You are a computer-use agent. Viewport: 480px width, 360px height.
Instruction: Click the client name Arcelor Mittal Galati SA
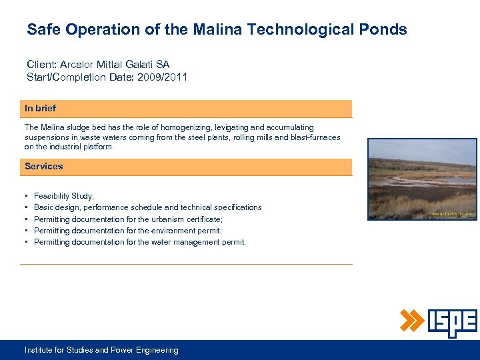115,65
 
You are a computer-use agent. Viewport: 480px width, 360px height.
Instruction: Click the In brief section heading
40,108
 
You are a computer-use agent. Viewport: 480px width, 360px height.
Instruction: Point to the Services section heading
44,167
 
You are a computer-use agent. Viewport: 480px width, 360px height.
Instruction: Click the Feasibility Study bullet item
64,196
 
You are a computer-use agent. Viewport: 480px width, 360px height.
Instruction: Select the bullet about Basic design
147,207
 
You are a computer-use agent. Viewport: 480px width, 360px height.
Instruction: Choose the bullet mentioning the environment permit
128,231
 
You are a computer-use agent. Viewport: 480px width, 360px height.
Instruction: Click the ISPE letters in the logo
452,322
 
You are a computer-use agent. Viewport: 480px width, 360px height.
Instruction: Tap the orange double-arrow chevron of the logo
412,321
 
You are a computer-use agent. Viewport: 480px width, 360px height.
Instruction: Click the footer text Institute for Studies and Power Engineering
101,350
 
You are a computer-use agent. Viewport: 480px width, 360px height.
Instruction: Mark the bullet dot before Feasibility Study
25,196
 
